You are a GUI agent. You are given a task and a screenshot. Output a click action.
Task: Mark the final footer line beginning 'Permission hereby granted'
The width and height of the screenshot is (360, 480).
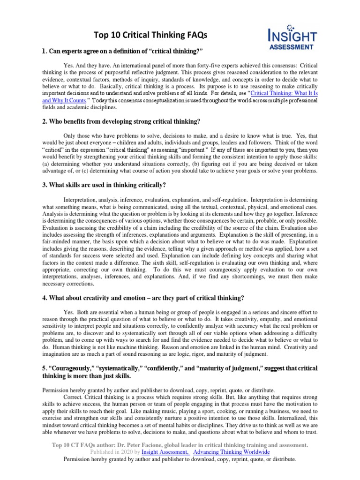(180, 460)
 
